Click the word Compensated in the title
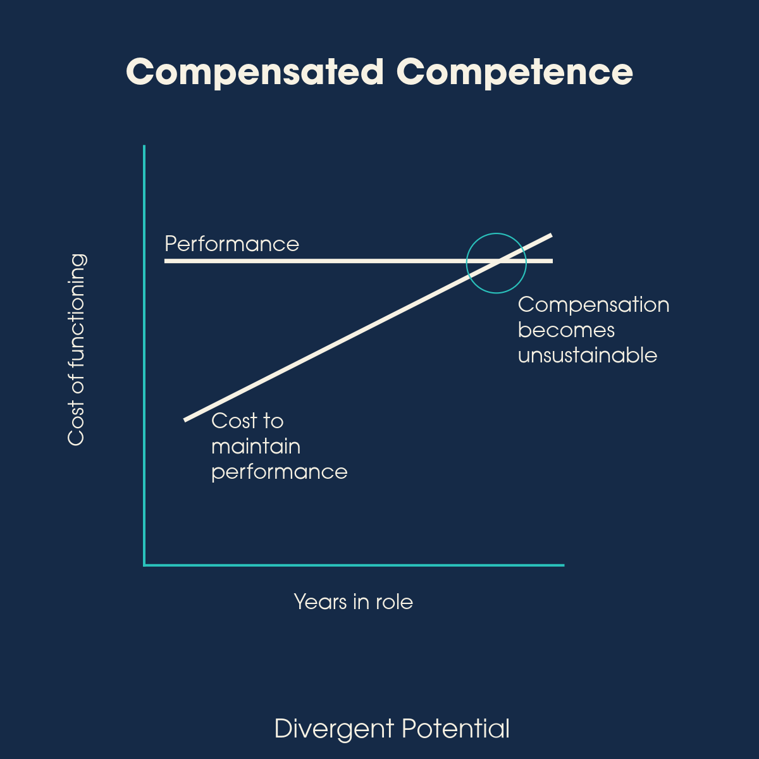pyautogui.click(x=255, y=72)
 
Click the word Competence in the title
pyautogui.click(x=514, y=72)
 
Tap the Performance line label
pyautogui.click(x=231, y=244)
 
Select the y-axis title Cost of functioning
pyautogui.click(x=77, y=350)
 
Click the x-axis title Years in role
pyautogui.click(x=353, y=602)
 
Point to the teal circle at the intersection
pyautogui.click(x=497, y=233)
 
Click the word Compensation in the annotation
pyautogui.click(x=593, y=305)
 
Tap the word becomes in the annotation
pyautogui.click(x=566, y=330)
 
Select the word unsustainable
pyautogui.click(x=587, y=355)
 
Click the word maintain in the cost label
pyautogui.click(x=256, y=447)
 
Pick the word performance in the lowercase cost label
pyautogui.click(x=279, y=472)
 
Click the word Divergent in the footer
pyautogui.click(x=334, y=729)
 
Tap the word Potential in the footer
pyautogui.click(x=455, y=729)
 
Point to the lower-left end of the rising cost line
pyautogui.click(x=185, y=419)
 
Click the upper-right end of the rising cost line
pyautogui.click(x=551, y=235)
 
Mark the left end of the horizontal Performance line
pyautogui.click(x=166, y=261)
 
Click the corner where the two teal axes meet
pyautogui.click(x=145, y=565)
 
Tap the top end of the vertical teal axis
pyautogui.click(x=144, y=147)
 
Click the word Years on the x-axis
pyautogui.click(x=321, y=602)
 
